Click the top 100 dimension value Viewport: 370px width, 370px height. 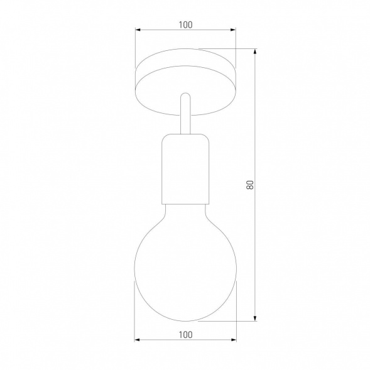pyautogui.click(x=185, y=25)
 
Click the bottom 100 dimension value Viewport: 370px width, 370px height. pyautogui.click(x=185, y=334)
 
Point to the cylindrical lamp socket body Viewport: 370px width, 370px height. pyautogui.click(x=185, y=173)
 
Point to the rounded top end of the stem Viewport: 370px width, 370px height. pyautogui.click(x=185, y=96)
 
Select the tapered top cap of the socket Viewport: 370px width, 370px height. pyautogui.click(x=185, y=138)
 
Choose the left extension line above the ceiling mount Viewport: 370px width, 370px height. pyautogui.click(x=136, y=47)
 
